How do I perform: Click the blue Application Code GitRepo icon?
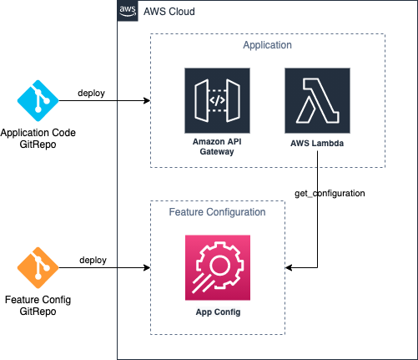coord(38,100)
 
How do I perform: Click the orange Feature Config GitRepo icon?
coord(38,267)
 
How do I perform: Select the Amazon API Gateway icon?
coord(217,100)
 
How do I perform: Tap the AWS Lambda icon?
coord(317,100)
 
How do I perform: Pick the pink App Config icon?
coord(218,267)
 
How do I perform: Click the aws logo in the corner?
coord(128,11)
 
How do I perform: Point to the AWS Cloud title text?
coord(169,12)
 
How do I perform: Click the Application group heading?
coord(268,45)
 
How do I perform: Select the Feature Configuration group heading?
coord(217,212)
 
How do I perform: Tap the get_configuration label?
coord(330,193)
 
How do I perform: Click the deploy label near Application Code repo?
coord(91,93)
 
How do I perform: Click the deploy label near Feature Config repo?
coord(93,260)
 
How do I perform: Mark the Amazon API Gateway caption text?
coord(217,146)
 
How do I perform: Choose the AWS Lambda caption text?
coord(317,144)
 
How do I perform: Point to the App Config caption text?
coord(218,312)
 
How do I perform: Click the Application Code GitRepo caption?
coord(38,139)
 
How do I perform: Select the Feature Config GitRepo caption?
coord(38,306)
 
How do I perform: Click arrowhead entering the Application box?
coord(148,100)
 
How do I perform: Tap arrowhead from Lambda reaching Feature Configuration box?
coord(288,267)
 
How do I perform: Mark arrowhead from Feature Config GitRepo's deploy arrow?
coord(148,267)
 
